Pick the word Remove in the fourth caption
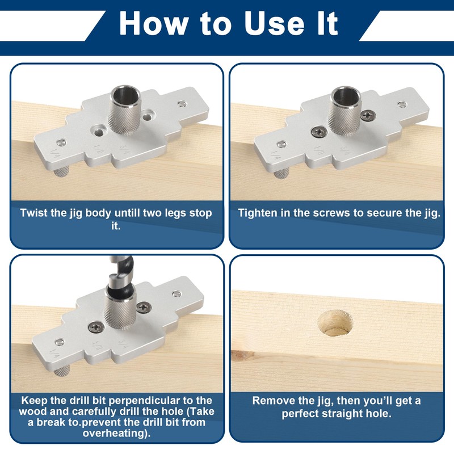tap(272, 401)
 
